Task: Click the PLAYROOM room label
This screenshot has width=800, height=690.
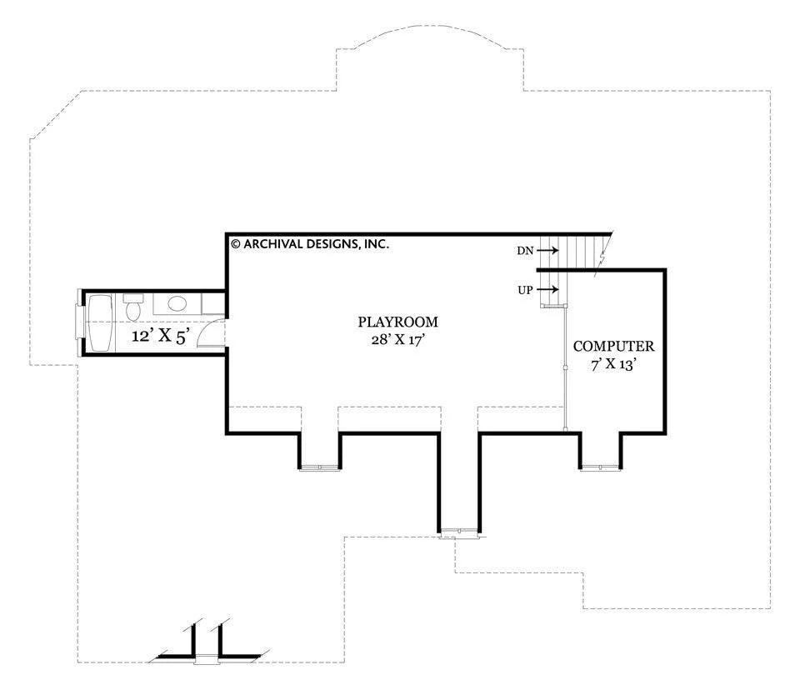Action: pos(398,322)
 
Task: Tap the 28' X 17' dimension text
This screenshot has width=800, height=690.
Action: pos(398,340)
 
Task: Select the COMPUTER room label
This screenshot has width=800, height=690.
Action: pos(614,347)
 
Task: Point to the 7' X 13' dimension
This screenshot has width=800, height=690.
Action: pos(615,364)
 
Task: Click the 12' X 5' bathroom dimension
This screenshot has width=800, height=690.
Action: pos(161,336)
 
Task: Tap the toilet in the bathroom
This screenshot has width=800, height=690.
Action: pos(133,306)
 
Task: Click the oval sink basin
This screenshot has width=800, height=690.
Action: pos(177,304)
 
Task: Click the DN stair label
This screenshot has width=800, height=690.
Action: pos(525,251)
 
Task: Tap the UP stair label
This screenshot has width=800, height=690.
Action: pos(526,290)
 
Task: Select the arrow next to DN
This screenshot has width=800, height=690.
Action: pos(547,251)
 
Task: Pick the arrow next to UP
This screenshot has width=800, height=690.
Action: pos(547,290)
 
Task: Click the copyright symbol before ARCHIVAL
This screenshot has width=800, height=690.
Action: pos(236,244)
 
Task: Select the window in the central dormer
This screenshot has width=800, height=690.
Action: pos(460,532)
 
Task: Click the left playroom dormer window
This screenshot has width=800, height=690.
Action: pos(319,468)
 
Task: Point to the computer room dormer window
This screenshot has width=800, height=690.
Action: pos(601,467)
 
